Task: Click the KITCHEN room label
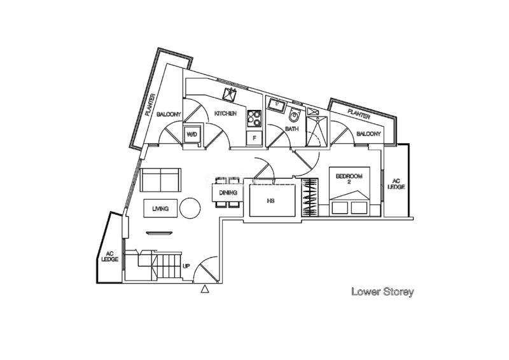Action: (225, 114)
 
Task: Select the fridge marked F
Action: (254, 138)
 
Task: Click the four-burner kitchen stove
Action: (254, 118)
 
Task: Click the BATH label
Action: (291, 129)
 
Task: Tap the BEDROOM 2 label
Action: (349, 179)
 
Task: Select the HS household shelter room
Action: (273, 200)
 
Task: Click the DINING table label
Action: (228, 193)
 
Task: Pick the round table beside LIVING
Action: (190, 208)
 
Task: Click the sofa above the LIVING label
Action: (160, 180)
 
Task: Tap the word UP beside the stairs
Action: (186, 267)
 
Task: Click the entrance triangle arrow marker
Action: (204, 289)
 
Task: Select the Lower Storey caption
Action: (383, 291)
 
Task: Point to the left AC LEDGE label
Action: (109, 256)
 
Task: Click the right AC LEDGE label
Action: (396, 184)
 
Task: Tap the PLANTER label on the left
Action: (151, 105)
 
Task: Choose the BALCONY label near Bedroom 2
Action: (368, 134)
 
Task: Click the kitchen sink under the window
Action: (230, 93)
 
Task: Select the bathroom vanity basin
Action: (277, 104)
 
